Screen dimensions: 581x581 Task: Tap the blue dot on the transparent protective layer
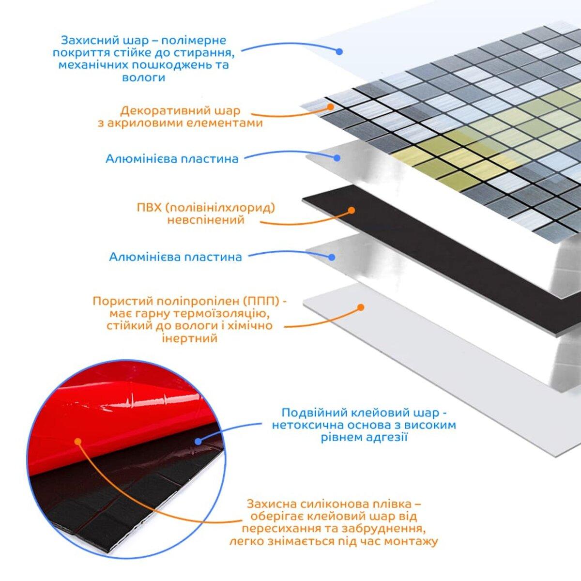[339, 51]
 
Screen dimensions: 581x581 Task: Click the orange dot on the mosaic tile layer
[331, 107]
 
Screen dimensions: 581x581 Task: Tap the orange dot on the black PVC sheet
[352, 211]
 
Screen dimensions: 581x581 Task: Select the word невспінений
[206, 220]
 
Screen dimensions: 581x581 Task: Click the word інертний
[190, 338]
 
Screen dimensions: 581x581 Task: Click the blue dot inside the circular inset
[198, 442]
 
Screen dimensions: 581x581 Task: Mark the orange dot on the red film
[78, 442]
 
